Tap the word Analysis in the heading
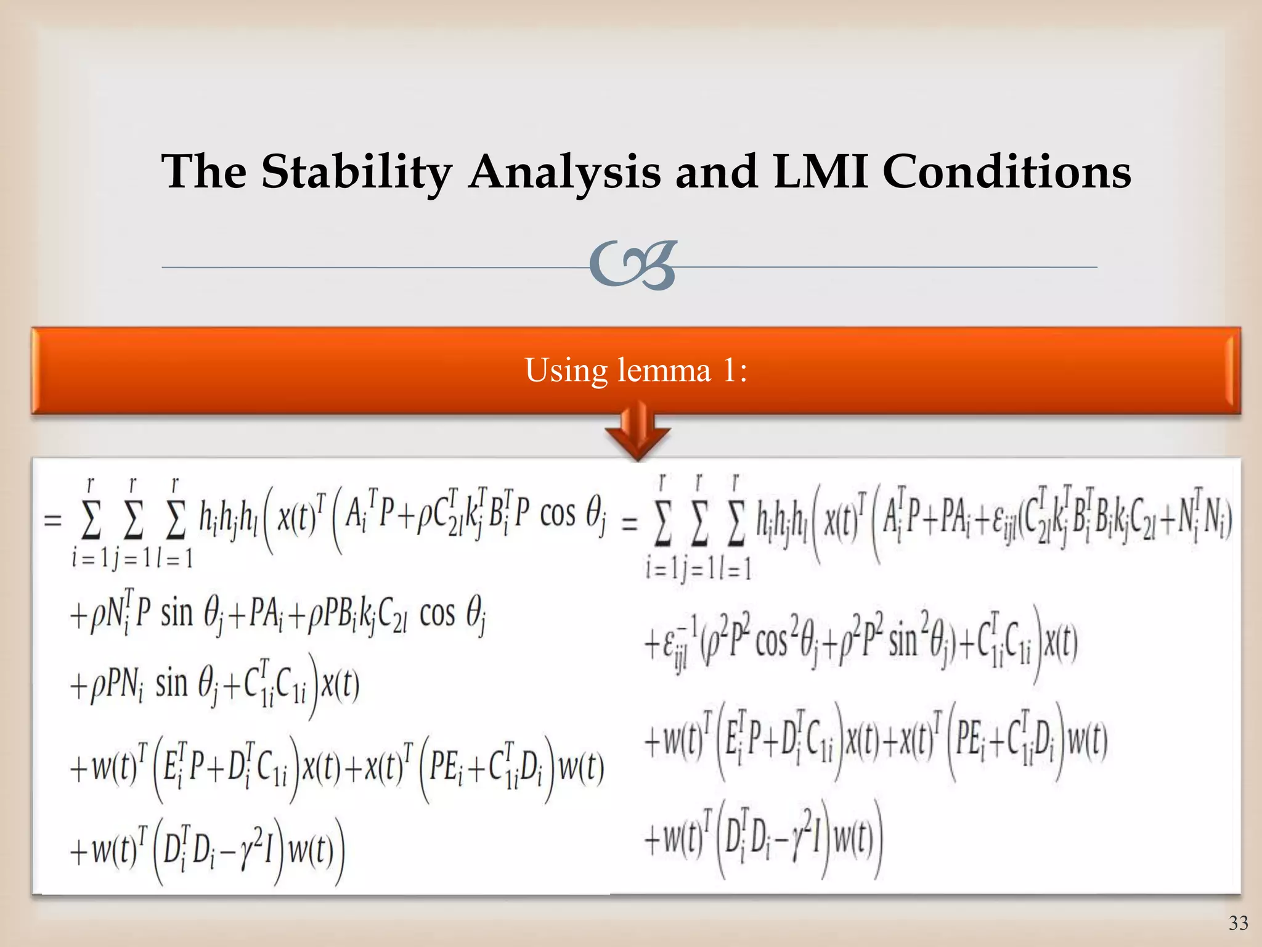point(564,172)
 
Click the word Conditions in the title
point(1007,171)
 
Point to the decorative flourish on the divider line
point(632,266)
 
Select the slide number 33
point(1238,923)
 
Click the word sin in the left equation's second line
point(177,614)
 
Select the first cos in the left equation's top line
point(558,515)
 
